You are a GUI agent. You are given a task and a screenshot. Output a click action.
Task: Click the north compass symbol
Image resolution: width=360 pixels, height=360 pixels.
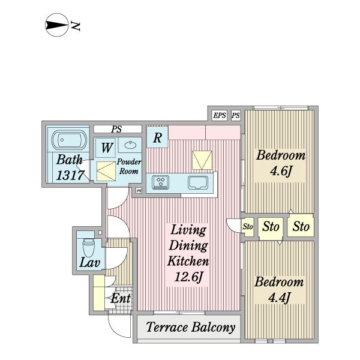[x=57, y=25]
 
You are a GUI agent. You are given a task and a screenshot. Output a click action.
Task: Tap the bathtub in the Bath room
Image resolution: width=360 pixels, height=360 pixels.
[x=69, y=140]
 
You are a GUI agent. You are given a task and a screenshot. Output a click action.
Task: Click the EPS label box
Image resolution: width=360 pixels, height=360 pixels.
[x=220, y=115]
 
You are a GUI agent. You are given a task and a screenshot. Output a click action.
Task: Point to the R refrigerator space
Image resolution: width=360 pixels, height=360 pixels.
[x=157, y=137]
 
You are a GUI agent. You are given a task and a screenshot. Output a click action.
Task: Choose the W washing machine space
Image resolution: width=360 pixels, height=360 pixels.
[x=106, y=148]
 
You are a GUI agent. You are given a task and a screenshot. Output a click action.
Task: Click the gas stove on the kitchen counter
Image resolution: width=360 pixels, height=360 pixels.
[x=161, y=182]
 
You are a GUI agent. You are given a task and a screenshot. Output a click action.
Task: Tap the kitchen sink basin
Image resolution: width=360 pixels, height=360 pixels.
[x=198, y=182]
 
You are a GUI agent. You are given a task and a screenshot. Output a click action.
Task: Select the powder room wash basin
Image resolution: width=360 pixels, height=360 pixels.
[x=130, y=145]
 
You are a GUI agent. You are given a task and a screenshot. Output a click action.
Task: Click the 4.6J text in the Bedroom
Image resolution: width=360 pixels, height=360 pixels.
[x=281, y=171]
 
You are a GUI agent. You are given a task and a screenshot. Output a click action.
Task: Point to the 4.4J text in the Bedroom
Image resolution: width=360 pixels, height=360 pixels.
[x=280, y=298]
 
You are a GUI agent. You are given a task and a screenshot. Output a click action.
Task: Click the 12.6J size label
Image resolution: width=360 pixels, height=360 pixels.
[x=188, y=277]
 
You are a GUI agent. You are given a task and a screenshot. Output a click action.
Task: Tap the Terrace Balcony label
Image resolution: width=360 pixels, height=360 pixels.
[x=191, y=327]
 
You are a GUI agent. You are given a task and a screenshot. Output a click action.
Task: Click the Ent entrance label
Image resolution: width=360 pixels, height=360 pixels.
[x=121, y=298]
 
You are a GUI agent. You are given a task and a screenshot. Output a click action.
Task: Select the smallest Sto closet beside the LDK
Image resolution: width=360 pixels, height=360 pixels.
[x=248, y=227]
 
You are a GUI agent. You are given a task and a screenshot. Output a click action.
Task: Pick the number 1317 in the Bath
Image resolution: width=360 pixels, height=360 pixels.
[x=70, y=175]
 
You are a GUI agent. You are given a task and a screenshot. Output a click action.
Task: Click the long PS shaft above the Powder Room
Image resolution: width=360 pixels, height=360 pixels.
[x=118, y=129]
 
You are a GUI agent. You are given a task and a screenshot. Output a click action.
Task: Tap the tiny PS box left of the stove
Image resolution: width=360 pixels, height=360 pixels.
[x=139, y=191]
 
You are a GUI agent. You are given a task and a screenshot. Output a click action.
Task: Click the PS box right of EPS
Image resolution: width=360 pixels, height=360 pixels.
[x=236, y=115]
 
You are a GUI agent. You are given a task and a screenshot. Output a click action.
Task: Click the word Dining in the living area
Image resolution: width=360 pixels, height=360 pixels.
[x=188, y=246]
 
